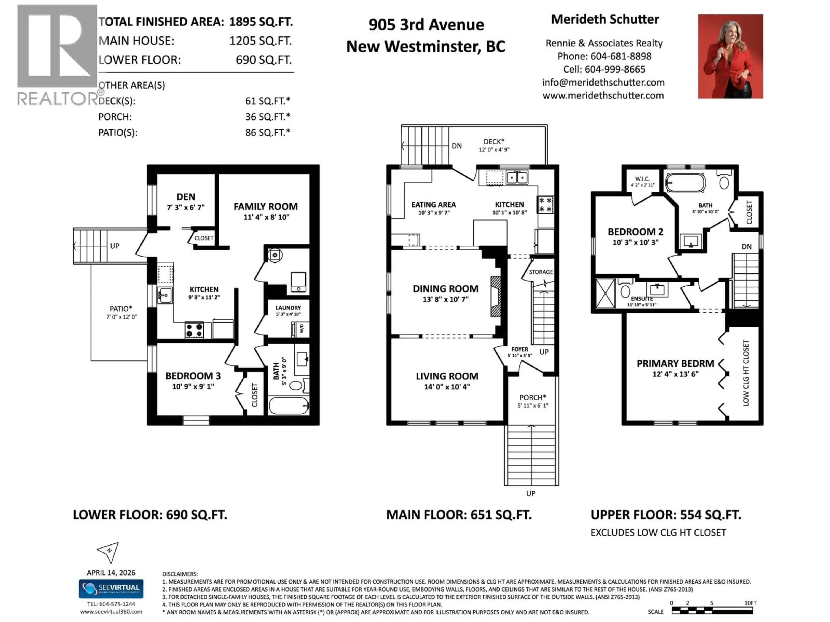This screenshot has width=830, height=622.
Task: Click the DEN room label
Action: click(x=186, y=197)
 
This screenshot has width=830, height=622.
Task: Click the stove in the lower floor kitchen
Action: click(x=194, y=330)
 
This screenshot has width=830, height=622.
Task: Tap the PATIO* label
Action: click(x=121, y=309)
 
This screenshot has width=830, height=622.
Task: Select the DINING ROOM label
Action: click(x=445, y=289)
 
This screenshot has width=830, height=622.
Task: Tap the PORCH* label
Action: click(x=532, y=397)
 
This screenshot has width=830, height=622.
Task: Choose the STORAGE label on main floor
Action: click(x=541, y=272)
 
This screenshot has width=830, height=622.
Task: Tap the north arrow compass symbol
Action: click(x=109, y=551)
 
